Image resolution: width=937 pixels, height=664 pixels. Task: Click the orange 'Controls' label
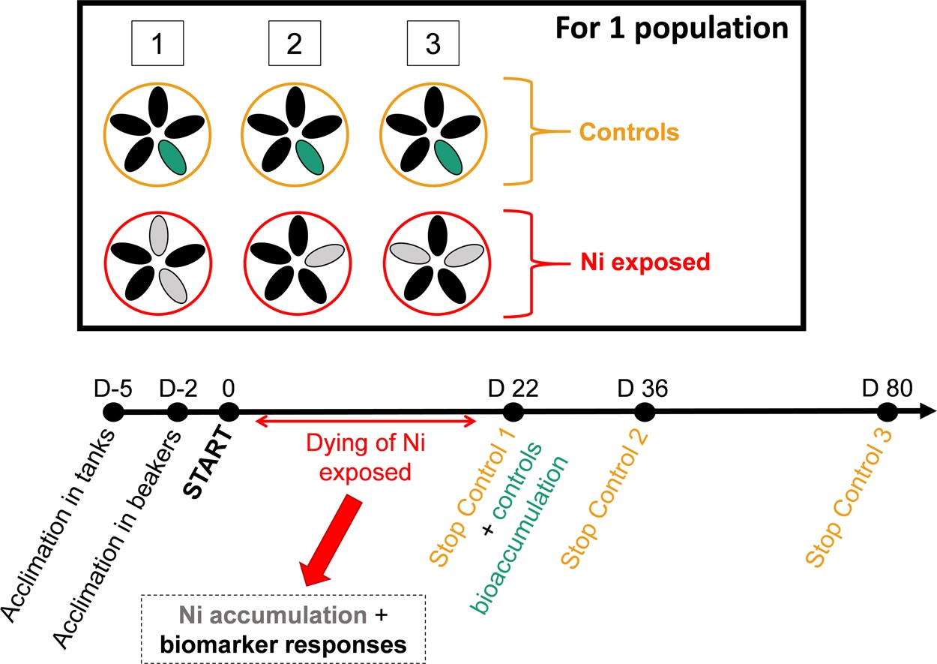[x=628, y=134]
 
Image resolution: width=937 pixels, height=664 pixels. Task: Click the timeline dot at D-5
[x=113, y=412]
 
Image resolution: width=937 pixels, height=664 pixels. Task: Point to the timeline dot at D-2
[x=178, y=412]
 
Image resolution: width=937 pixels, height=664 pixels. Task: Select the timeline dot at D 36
[x=645, y=412]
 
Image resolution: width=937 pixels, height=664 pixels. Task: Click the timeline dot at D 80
[x=888, y=412]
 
